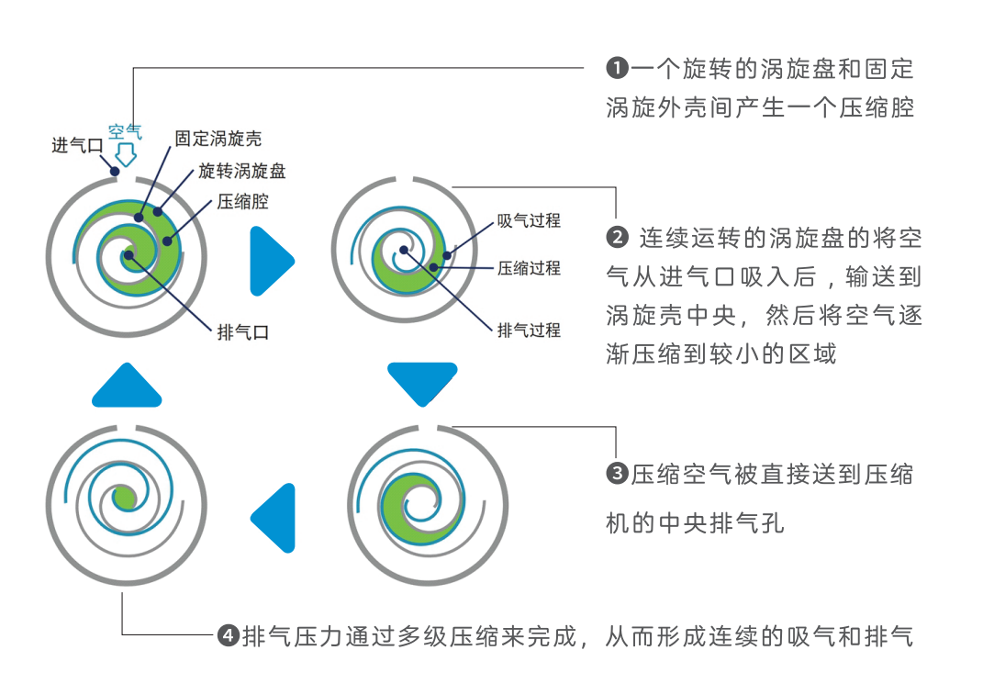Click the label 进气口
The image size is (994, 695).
tap(77, 145)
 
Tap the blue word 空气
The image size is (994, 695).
tap(125, 131)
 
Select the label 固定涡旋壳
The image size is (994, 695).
tap(218, 139)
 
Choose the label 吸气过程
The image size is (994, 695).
tap(529, 220)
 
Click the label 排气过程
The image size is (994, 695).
tap(529, 330)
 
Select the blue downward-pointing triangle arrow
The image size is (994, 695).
tap(422, 382)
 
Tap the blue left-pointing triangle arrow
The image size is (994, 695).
tap(275, 518)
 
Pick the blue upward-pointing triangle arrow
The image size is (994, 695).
tap(127, 387)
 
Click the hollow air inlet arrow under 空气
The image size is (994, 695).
tap(126, 153)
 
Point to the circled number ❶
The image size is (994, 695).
tap(617, 68)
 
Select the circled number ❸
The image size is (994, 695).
tap(617, 475)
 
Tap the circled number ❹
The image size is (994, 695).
tap(228, 635)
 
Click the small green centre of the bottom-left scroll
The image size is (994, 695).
tap(124, 499)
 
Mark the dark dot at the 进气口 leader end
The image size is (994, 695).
tap(115, 170)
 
